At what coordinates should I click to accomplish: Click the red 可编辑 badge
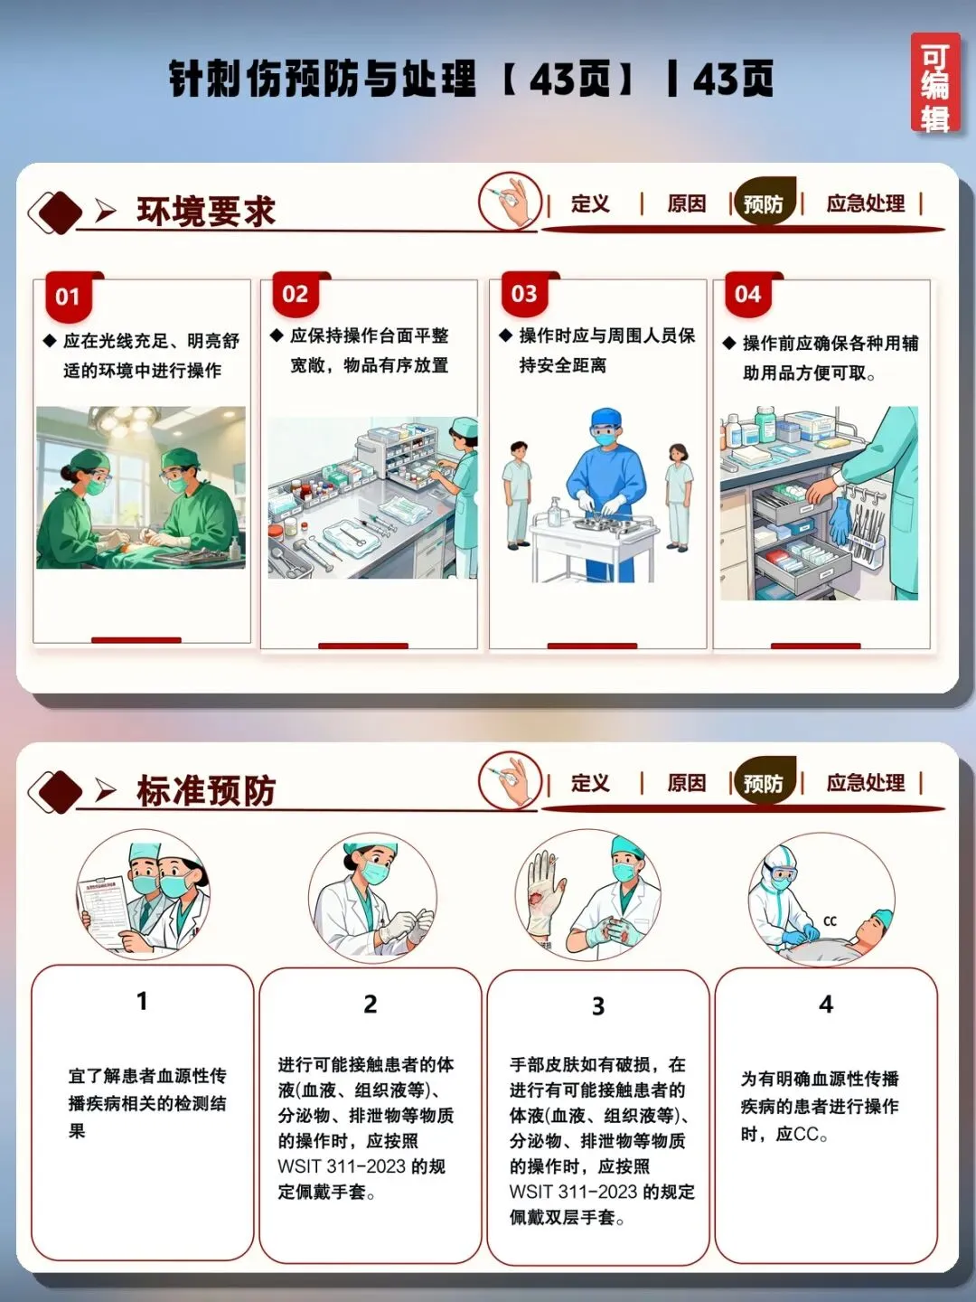934,83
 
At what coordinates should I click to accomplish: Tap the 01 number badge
68,297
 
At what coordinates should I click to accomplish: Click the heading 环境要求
206,212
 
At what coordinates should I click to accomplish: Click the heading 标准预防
206,790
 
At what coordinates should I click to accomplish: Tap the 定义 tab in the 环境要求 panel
590,204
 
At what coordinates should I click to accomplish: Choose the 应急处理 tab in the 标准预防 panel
865,783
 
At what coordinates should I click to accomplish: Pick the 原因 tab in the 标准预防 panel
686,783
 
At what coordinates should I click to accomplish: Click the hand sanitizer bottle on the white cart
555,511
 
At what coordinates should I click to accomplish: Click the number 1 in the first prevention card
142,1001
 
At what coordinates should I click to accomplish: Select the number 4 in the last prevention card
826,1005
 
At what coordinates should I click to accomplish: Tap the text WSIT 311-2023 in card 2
342,1166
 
